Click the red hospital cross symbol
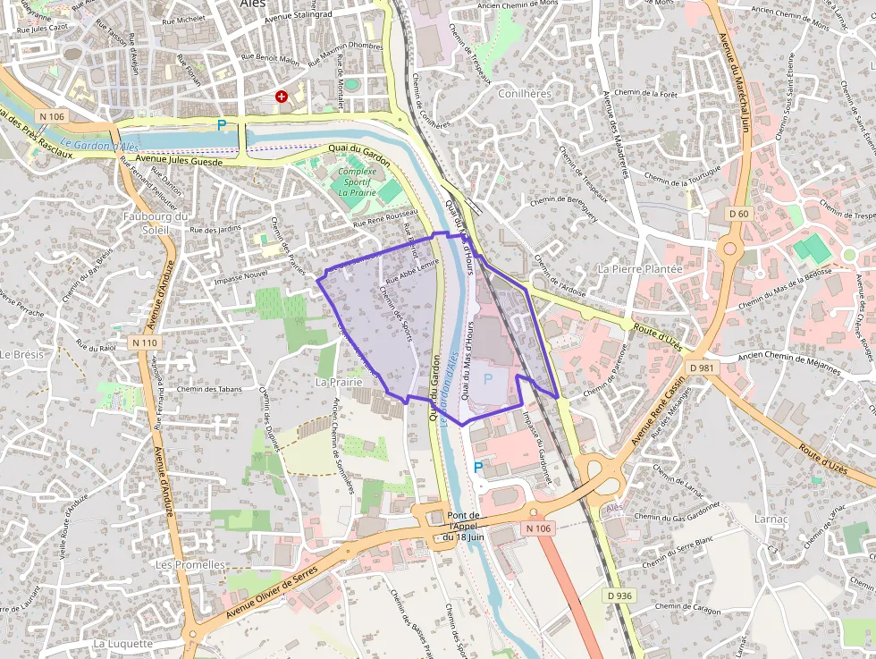pyautogui.click(x=282, y=97)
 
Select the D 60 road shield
pyautogui.click(x=738, y=214)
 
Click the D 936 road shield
pyautogui.click(x=618, y=596)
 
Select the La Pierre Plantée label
pyautogui.click(x=640, y=268)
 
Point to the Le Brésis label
pyautogui.click(x=21, y=354)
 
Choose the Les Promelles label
pyautogui.click(x=190, y=565)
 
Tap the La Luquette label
pyautogui.click(x=123, y=643)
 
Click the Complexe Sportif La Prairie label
pyautogui.click(x=358, y=181)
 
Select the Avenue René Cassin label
pyautogui.click(x=658, y=411)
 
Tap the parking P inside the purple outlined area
pyautogui.click(x=488, y=379)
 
